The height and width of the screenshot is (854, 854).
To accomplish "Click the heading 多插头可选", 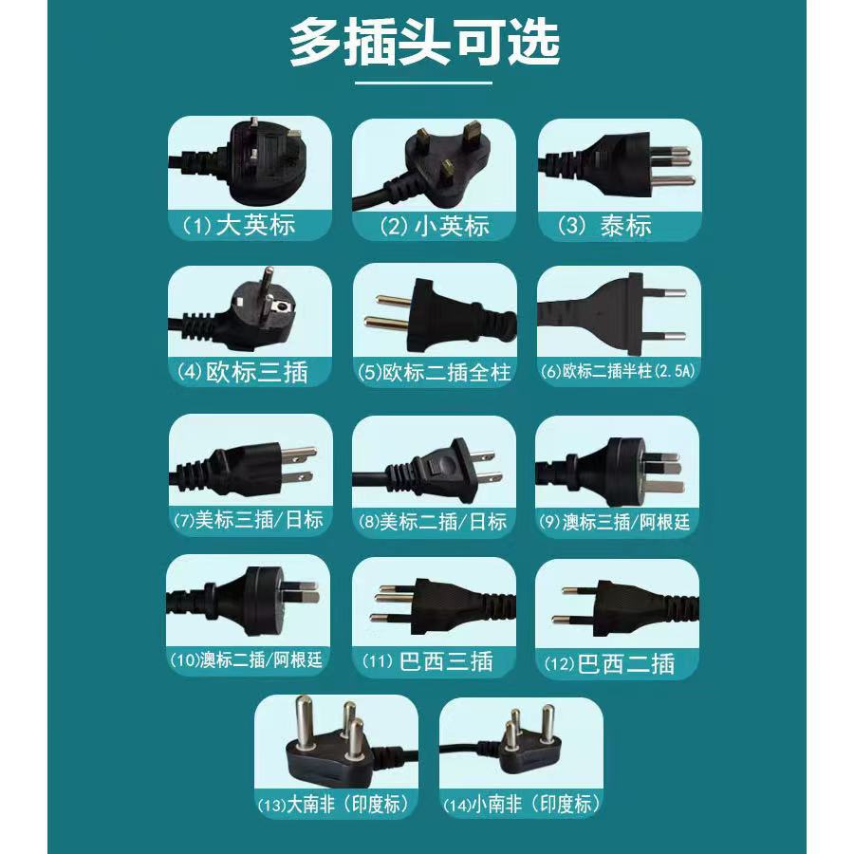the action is click(424, 43).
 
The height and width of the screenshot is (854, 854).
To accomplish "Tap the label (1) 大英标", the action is click(238, 225).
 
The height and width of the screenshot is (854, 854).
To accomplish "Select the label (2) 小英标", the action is click(435, 226).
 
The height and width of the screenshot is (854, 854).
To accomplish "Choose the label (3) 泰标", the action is click(605, 225).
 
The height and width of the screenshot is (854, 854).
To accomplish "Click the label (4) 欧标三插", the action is click(243, 373).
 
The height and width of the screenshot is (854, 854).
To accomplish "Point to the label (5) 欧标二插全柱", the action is click(434, 373).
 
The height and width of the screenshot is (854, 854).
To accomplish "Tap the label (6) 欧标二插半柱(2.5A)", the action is click(618, 371).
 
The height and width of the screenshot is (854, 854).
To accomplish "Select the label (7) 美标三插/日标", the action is click(249, 520).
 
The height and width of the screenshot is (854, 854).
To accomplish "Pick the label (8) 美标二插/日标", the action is click(433, 522).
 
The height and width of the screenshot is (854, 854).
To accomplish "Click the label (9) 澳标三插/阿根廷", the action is click(614, 522).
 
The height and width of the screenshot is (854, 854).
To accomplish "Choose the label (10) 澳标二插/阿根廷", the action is click(246, 660).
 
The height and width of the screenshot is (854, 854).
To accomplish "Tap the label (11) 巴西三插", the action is click(428, 661).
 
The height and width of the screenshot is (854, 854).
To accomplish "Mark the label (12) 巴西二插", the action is click(609, 664).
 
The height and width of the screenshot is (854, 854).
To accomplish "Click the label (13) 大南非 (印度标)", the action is click(333, 805).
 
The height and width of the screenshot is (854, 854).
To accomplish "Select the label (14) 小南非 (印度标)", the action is click(522, 805).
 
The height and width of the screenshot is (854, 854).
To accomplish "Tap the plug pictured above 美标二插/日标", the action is click(430, 470).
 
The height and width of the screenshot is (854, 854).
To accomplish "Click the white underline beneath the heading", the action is click(424, 84).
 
